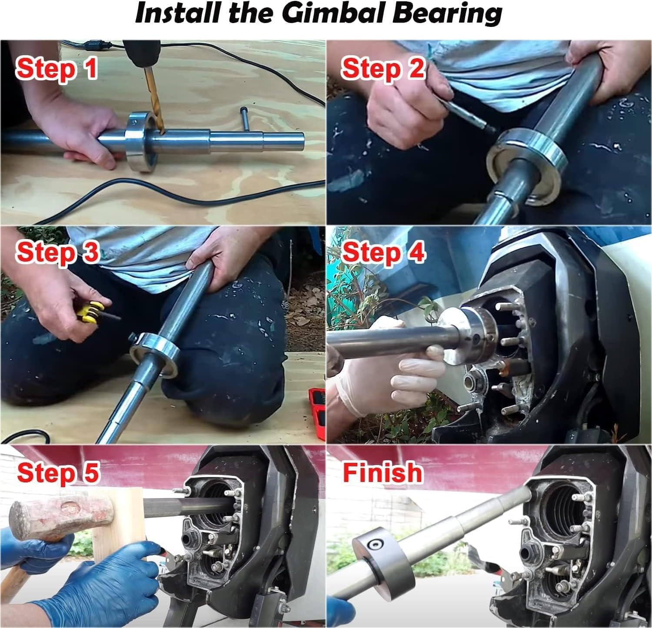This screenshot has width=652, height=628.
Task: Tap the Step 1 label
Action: click(x=56, y=69)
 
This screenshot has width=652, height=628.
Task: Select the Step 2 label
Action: click(x=383, y=69)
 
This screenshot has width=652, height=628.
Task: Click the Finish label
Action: click(x=382, y=472)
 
